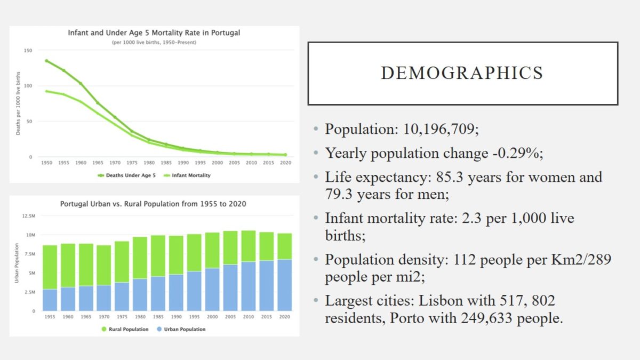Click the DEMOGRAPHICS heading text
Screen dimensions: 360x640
(462, 73)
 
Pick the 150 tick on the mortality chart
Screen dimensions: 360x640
(28, 50)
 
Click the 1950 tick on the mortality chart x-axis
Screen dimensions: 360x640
(46, 163)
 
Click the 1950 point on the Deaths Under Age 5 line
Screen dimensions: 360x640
(46, 61)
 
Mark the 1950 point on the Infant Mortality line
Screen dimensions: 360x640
(46, 91)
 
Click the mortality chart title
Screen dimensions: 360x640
(154, 33)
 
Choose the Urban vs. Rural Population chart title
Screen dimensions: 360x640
(153, 204)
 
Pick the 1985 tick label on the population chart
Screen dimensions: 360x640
(159, 317)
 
